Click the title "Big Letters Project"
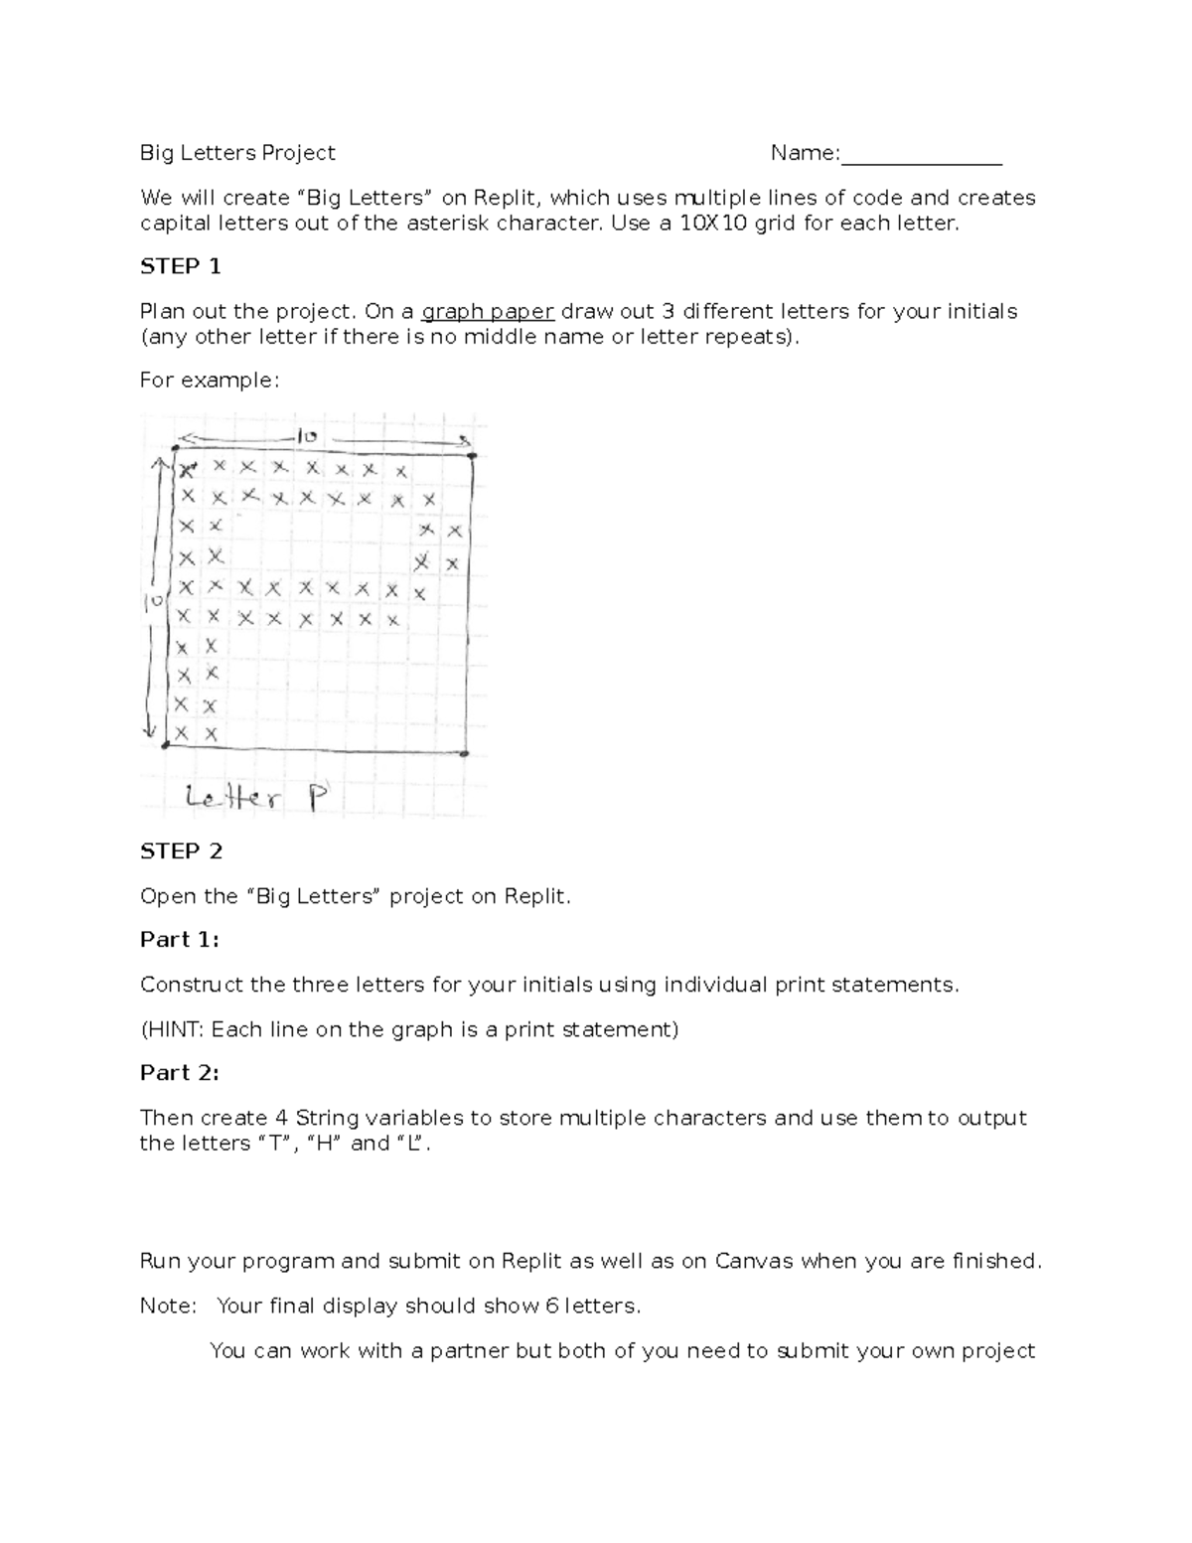tap(237, 153)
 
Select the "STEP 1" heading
tap(180, 266)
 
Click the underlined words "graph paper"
tap(488, 312)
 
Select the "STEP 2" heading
tap(181, 851)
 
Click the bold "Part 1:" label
tap(179, 940)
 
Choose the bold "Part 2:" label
tap(179, 1073)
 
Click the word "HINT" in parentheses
tap(175, 1029)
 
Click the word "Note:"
tap(169, 1307)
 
